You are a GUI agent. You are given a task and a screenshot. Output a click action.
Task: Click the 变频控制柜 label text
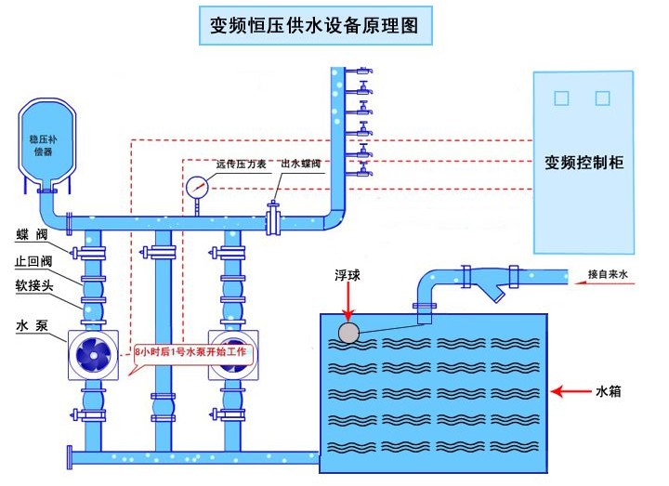tap(584, 162)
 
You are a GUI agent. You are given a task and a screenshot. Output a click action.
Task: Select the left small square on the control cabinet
tap(560, 98)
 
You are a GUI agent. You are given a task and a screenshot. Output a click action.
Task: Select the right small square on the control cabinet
tap(602, 98)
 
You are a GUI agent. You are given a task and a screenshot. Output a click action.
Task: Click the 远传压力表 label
tap(241, 164)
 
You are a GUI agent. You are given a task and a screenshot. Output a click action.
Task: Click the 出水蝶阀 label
tap(300, 164)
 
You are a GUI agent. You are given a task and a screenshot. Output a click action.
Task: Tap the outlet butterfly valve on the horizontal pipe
tap(273, 221)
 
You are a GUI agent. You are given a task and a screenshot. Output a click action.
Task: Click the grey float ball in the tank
tap(349, 332)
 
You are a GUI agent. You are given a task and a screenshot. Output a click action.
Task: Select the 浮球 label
tap(348, 276)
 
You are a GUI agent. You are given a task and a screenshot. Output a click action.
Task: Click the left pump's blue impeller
tap(95, 355)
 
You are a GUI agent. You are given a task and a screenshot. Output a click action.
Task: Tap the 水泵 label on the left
tap(29, 326)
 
